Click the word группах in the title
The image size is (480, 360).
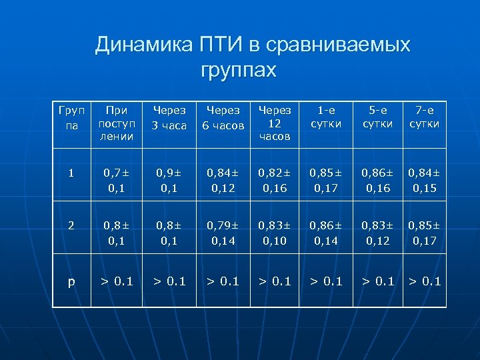coord(237,69)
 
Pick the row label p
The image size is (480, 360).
coord(71,281)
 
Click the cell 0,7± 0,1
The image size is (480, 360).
coord(117,181)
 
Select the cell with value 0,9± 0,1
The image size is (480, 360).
coord(170,181)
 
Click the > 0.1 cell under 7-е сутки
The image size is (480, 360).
coord(425,281)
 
